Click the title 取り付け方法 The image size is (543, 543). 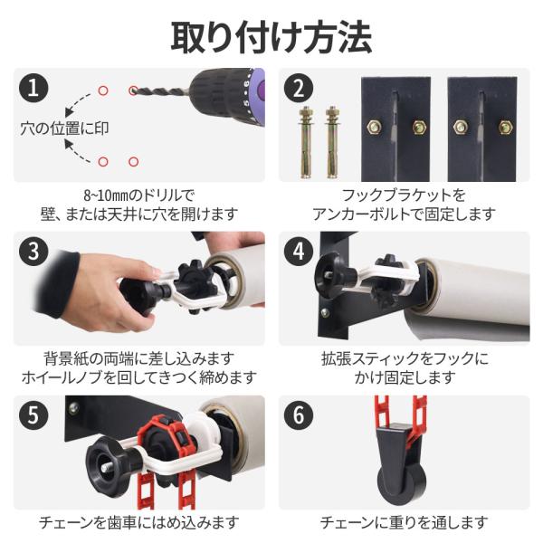271,37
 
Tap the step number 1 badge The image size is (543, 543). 33,88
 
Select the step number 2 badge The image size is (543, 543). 299,88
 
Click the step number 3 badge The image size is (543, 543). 33,252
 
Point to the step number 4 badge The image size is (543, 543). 299,252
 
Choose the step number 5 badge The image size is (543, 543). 33,414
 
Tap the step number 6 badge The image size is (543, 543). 299,414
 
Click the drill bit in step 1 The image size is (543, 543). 160,91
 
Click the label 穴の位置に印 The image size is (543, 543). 64,129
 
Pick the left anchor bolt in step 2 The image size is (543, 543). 306,142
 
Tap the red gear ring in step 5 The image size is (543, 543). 163,437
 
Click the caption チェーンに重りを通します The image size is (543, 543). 404,522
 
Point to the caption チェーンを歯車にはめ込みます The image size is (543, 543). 139,522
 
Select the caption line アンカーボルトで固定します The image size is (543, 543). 404,214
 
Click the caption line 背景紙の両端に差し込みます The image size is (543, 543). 139,358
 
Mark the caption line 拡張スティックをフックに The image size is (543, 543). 405,358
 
